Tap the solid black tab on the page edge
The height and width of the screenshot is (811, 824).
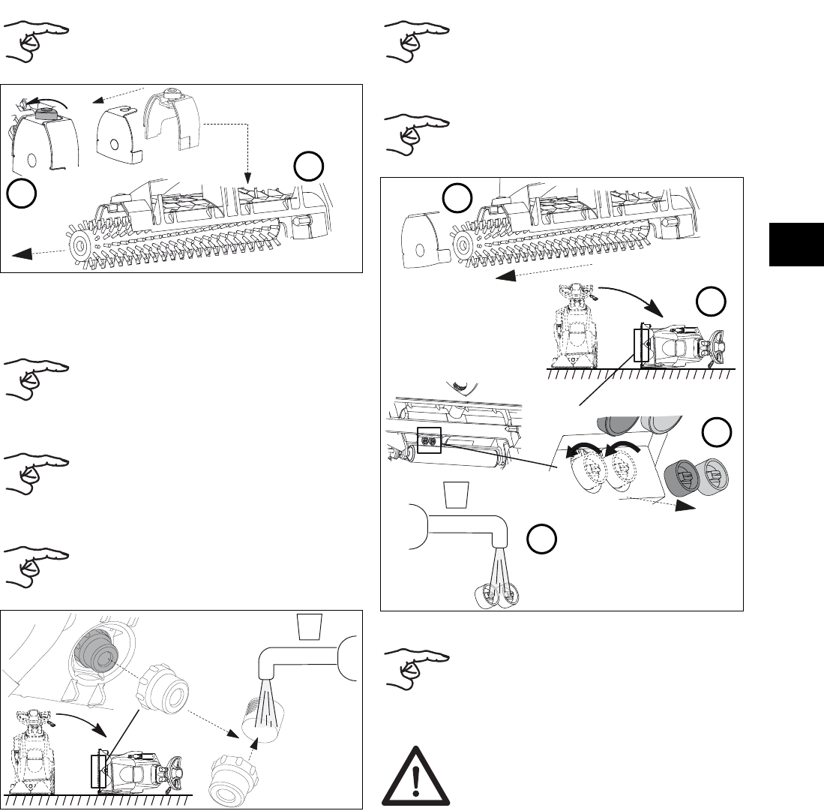796,244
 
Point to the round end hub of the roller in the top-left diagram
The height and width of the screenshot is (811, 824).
79,244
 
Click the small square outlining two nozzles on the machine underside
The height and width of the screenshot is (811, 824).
429,441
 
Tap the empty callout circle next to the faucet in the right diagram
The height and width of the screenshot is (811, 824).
538,539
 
